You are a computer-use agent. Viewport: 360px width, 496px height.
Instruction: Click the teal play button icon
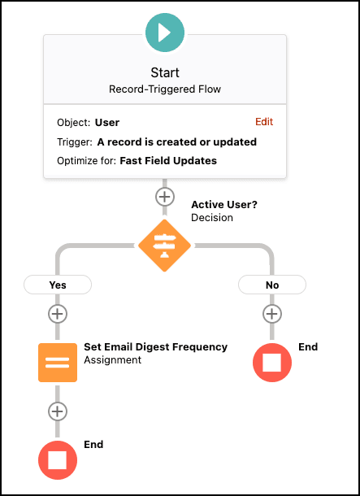tap(165, 33)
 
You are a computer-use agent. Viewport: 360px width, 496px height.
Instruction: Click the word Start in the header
tap(165, 72)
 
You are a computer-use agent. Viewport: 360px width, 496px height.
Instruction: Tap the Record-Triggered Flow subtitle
tap(165, 89)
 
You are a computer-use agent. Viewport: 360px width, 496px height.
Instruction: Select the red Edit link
tap(264, 121)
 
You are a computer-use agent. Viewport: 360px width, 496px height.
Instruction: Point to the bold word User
tap(107, 123)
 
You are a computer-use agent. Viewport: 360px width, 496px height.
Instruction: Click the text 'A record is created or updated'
tap(176, 142)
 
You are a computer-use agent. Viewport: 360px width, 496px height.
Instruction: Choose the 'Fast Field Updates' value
tap(168, 161)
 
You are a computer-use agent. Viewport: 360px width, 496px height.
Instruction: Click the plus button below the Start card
tap(165, 197)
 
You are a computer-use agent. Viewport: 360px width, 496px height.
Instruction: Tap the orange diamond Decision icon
tap(164, 246)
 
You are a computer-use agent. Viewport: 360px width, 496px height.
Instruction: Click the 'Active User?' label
tap(224, 205)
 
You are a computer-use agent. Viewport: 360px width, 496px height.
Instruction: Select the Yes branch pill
tap(58, 285)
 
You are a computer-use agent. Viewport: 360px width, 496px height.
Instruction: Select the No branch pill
tap(271, 285)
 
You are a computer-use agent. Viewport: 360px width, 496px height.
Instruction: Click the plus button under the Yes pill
tap(58, 314)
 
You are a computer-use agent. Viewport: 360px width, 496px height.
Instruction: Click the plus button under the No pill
tap(271, 314)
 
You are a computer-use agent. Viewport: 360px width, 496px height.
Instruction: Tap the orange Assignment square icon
tap(58, 363)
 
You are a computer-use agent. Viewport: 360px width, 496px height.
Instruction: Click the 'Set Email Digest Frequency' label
tap(155, 347)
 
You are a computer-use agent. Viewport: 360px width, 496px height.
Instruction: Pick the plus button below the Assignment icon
tap(58, 411)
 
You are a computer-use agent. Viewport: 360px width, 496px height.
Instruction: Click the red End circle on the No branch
tap(271, 363)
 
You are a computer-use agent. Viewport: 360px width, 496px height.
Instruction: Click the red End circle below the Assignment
tap(58, 460)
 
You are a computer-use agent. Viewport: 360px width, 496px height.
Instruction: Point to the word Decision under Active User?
tap(212, 218)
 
